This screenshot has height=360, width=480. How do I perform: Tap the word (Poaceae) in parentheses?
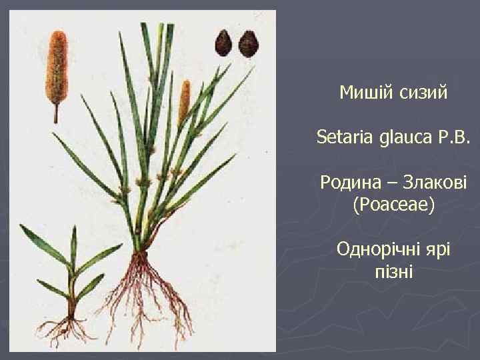pos(393,205)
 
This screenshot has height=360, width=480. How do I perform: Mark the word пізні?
pos(394,272)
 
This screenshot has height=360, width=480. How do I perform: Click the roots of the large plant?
pos(150,293)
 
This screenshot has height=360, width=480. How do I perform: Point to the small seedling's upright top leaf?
pos(73,243)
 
